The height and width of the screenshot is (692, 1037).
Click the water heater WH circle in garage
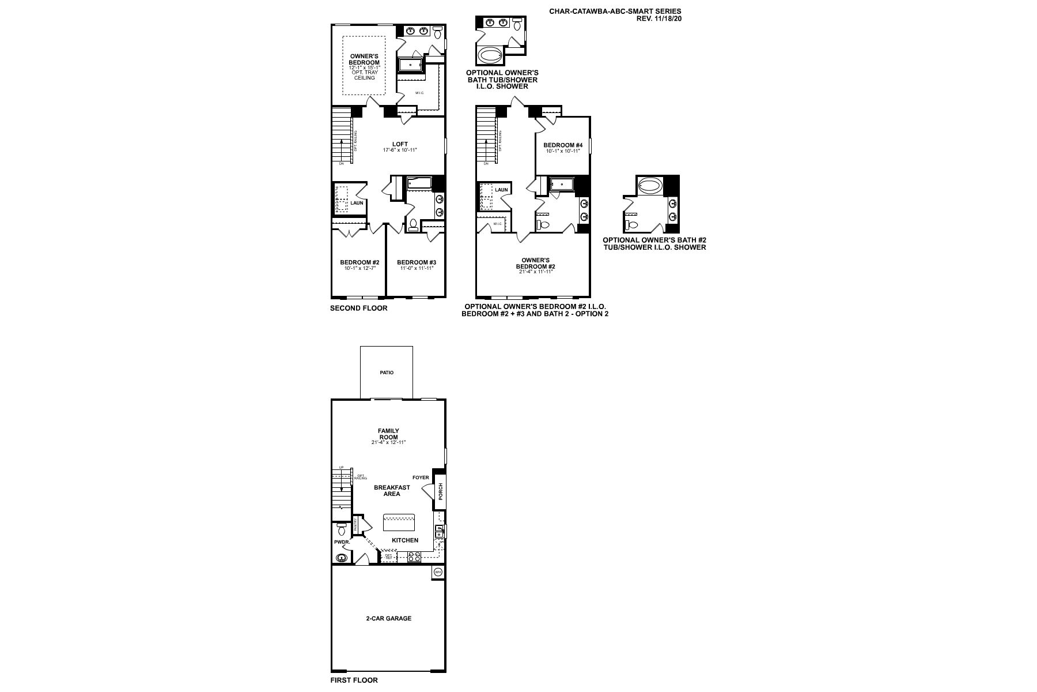tap(437, 572)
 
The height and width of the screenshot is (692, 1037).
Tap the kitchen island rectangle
tap(399, 522)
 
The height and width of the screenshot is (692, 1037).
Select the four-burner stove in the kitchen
tap(414, 556)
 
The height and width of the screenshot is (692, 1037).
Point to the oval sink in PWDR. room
tap(342, 558)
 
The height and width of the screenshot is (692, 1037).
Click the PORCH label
tap(441, 492)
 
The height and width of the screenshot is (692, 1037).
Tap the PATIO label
tap(387, 373)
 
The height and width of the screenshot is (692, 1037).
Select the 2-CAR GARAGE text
tap(389, 618)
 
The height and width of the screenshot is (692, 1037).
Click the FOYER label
tap(421, 477)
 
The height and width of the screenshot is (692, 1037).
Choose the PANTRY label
tap(356, 524)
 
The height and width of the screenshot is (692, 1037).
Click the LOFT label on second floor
tap(400, 144)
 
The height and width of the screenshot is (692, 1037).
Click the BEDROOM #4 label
tap(563, 145)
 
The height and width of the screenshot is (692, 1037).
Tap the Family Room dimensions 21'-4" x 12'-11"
tap(388, 443)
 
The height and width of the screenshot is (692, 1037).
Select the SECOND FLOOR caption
tap(358, 308)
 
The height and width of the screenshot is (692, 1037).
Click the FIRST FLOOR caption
tap(354, 680)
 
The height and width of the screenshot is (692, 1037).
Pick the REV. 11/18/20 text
tap(658, 18)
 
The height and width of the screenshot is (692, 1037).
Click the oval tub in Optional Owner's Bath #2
tap(650, 186)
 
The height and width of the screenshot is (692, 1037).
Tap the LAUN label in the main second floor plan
tap(357, 202)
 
